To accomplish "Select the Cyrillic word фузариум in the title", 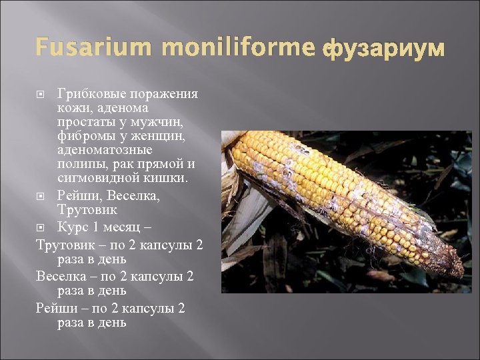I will click(x=383, y=49).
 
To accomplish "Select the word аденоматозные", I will click(x=105, y=150).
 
